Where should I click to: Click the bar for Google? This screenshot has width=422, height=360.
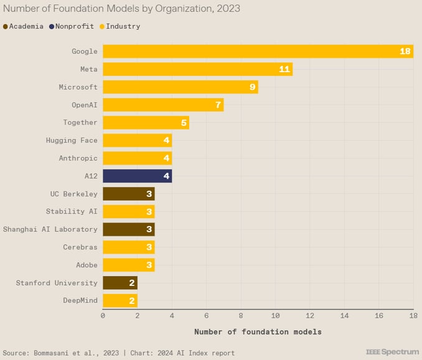coord(258,51)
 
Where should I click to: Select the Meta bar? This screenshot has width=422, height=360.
coord(197,69)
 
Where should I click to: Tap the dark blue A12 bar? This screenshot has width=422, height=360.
coord(137,176)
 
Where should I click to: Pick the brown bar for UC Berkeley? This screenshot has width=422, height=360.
coord(128,194)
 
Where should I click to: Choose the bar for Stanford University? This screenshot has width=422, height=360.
coord(120,283)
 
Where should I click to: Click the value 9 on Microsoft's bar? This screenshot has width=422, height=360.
coord(253,87)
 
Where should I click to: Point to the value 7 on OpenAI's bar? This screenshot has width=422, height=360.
coord(218,105)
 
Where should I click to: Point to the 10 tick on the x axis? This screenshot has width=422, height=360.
coord(275,316)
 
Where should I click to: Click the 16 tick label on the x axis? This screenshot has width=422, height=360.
coord(378,316)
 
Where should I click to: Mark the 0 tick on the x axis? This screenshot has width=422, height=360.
coord(103,316)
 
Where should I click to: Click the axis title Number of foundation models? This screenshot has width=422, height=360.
coord(258,332)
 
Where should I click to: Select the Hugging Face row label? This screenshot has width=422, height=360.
coord(72,141)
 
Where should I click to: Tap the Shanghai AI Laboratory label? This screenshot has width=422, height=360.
coord(50,229)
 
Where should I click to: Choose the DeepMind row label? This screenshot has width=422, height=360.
coord(80,301)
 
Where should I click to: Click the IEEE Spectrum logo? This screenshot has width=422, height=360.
coord(393,353)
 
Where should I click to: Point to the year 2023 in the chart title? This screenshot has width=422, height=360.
coord(228,9)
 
